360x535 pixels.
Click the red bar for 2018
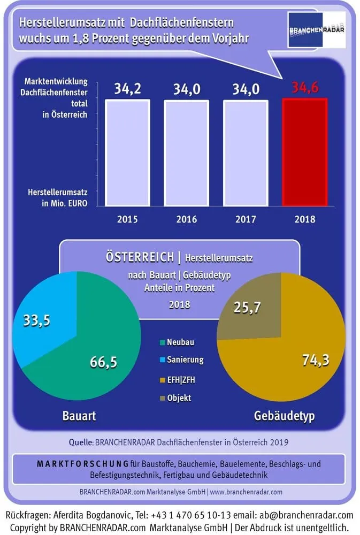pyautogui.click(x=304, y=151)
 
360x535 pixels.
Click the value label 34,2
pyautogui.click(x=127, y=89)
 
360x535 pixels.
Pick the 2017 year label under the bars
pyautogui.click(x=245, y=219)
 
